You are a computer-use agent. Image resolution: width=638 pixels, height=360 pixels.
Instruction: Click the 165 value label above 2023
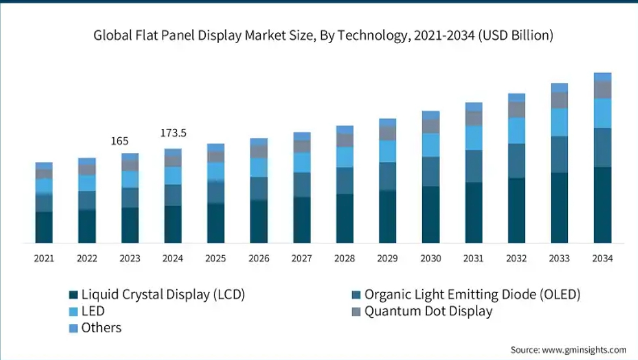tap(120, 141)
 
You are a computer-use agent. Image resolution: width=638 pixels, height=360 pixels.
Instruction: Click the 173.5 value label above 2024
tap(173, 134)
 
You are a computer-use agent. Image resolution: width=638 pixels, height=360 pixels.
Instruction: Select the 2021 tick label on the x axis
tap(44, 259)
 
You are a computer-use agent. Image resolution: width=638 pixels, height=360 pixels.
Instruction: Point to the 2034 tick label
tap(603, 259)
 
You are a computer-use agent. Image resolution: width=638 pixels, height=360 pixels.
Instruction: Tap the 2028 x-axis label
tap(345, 259)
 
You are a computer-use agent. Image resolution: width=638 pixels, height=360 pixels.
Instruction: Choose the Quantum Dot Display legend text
tap(428, 311)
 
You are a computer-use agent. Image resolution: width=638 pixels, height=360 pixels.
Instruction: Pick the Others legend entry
tap(101, 328)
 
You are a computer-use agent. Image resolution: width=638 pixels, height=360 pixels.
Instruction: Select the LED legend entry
tap(93, 311)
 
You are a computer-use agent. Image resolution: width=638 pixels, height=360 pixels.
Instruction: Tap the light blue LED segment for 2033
tap(560, 122)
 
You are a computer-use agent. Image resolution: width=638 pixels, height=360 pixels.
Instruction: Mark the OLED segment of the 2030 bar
tap(431, 171)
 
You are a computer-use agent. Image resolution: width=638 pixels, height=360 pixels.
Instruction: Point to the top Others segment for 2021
tap(44, 166)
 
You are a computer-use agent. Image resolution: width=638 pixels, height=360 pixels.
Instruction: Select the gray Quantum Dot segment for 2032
tap(517, 110)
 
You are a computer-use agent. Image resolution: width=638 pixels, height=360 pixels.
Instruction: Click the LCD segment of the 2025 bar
tap(216, 223)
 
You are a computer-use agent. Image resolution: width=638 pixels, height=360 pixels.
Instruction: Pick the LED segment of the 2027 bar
tap(302, 162)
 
